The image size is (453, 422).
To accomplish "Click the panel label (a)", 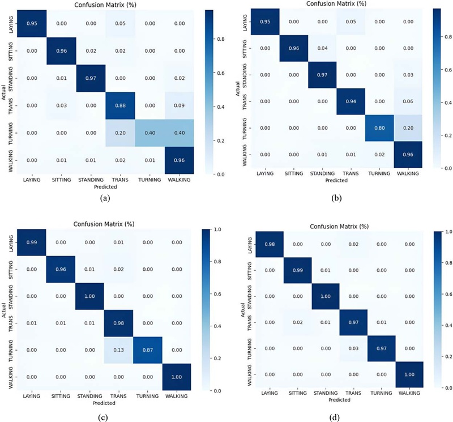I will [104, 198].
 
